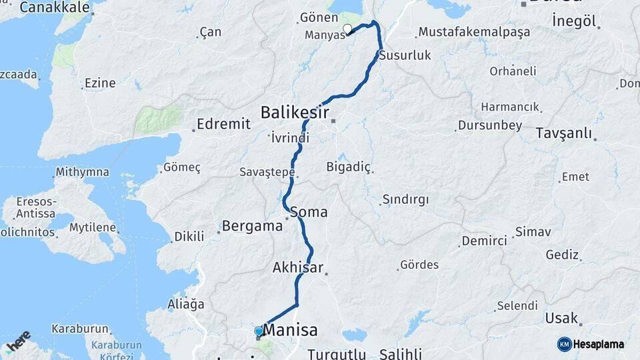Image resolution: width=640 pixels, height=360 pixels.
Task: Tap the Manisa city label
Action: coord(290,330)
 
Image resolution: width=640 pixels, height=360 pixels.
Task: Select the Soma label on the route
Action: coord(309,212)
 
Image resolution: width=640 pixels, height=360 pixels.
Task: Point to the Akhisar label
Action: coord(297,267)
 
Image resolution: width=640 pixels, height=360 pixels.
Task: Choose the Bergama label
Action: coord(252,225)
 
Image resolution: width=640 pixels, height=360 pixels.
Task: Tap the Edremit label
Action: coord(224,124)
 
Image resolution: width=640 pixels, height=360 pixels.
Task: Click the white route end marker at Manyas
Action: coord(347,29)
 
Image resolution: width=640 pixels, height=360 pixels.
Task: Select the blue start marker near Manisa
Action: coord(259,331)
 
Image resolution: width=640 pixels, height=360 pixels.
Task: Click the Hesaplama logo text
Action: coord(599,344)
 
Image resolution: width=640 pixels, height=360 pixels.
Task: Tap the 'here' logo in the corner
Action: coord(19,341)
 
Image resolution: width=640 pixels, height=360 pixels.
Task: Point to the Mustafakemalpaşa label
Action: coord(473,32)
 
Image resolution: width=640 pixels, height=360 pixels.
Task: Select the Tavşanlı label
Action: coord(563,133)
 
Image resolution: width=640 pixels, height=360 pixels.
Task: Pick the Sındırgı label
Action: coord(405,199)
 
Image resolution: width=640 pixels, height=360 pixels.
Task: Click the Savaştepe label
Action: coord(267,172)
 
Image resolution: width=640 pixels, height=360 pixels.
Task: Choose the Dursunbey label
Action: coord(489,125)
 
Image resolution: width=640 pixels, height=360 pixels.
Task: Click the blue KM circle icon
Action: coord(564,344)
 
